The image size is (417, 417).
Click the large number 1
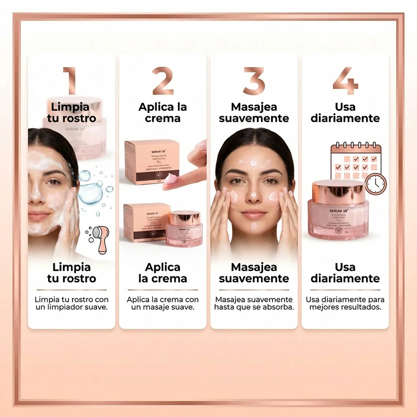[x=70, y=80]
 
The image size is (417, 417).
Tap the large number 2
[x=163, y=80]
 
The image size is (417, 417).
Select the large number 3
[x=254, y=80]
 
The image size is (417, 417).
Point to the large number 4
[x=345, y=80]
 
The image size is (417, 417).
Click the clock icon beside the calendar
[x=375, y=184]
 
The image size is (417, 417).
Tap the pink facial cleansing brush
[x=100, y=238]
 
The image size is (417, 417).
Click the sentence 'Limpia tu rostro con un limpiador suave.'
[x=71, y=303]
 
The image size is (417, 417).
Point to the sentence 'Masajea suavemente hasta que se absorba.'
[x=254, y=303]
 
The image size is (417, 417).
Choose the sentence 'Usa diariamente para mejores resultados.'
[x=345, y=303]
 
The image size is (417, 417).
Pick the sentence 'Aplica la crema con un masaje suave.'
[x=163, y=303]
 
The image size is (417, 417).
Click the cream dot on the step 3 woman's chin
[x=254, y=226]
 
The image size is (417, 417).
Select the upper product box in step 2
[x=152, y=162]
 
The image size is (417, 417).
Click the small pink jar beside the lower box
[x=184, y=229]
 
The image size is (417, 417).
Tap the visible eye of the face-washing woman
[x=53, y=182]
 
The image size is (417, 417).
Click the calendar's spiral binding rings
[x=356, y=146]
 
